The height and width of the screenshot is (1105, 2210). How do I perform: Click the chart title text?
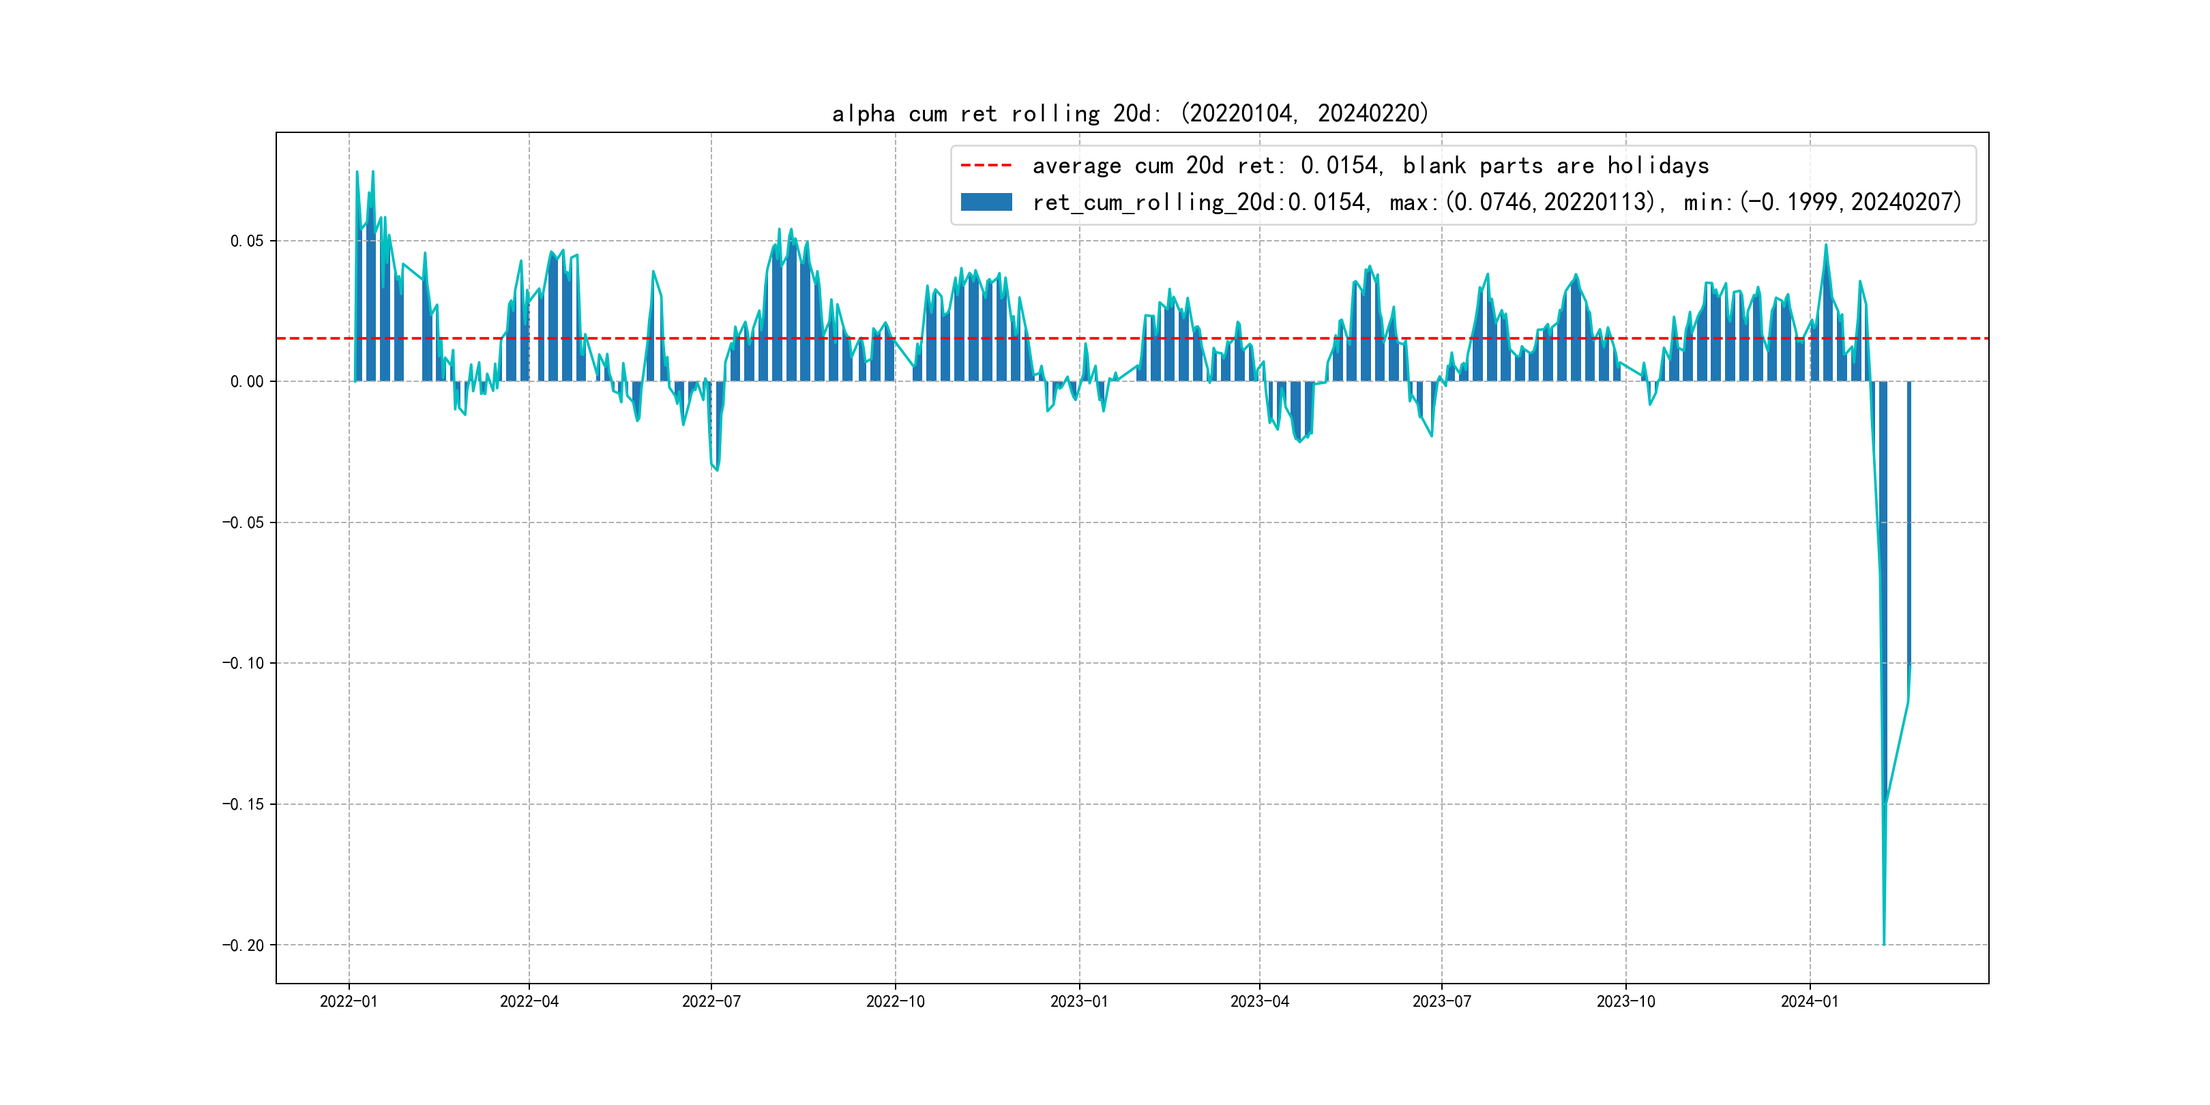point(1130,113)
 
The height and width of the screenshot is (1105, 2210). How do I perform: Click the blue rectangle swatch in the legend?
point(986,203)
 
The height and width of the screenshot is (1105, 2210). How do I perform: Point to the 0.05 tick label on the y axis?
point(246,241)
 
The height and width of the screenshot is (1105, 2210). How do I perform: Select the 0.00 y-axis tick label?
point(246,382)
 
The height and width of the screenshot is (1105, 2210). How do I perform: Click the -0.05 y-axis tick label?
point(243,522)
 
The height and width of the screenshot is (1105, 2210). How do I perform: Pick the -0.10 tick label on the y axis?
point(243,663)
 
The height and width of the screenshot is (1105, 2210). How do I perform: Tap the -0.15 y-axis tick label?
point(243,804)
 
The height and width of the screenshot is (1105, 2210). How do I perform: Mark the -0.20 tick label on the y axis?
point(243,945)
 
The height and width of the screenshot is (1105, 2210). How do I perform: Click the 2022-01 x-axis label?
point(349,1001)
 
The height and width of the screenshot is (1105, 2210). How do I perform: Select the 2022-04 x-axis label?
point(529,1001)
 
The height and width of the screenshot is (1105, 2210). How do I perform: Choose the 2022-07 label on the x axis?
point(711,1001)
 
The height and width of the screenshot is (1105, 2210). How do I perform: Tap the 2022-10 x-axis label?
point(895,1001)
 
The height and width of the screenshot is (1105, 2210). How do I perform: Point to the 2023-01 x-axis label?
point(1078,1001)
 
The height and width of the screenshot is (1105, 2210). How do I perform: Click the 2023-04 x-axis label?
point(1259,1001)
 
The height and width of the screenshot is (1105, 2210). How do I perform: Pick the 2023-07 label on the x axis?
point(1441,1001)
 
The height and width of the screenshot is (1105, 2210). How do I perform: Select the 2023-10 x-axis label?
point(1625,1001)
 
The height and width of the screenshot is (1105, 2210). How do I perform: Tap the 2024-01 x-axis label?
point(1810,1001)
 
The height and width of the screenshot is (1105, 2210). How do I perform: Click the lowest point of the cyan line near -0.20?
point(1884,945)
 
